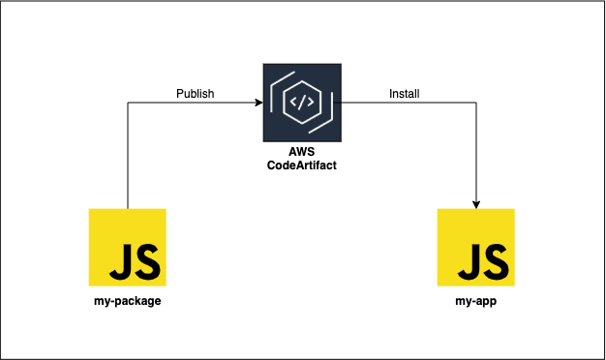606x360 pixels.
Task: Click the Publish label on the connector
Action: tap(195, 94)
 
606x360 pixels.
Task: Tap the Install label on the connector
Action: tap(404, 94)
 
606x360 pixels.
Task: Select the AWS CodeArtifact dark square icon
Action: tap(302, 102)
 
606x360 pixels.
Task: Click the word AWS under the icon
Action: tap(302, 152)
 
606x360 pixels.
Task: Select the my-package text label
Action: tap(127, 301)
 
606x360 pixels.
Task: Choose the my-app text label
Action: tap(475, 301)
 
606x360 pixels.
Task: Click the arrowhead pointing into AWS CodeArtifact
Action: tap(258, 102)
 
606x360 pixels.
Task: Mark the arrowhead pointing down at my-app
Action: tap(475, 203)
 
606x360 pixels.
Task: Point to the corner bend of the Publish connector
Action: tap(128, 102)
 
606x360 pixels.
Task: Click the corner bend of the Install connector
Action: tap(475, 102)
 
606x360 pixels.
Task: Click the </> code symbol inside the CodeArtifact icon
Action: tap(302, 101)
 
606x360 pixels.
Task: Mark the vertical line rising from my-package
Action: tap(128, 155)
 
